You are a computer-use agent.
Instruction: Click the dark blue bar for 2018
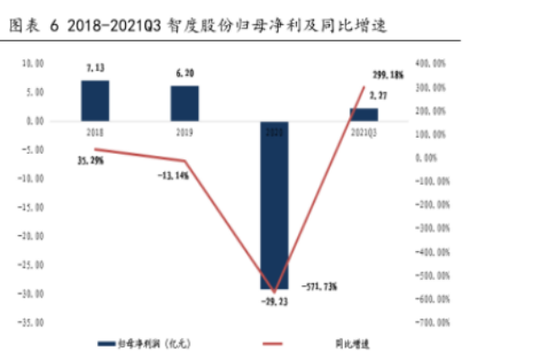(95, 100)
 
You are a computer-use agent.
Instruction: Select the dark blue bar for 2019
(185, 103)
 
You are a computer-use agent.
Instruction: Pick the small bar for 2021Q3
(364, 114)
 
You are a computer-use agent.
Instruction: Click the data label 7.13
(96, 68)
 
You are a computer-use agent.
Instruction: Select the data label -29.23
(275, 302)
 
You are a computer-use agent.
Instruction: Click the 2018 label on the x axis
(94, 131)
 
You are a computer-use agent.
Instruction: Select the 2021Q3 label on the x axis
(364, 131)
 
